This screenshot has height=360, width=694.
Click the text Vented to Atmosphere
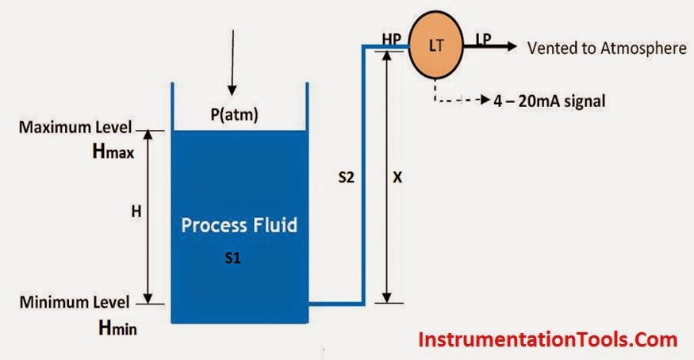coord(607,48)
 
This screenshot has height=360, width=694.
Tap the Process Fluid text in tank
coord(239,225)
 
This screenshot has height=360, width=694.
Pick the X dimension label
coord(398,178)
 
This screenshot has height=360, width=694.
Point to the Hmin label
coord(113,325)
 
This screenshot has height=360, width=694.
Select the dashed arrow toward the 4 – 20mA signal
coord(460,101)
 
